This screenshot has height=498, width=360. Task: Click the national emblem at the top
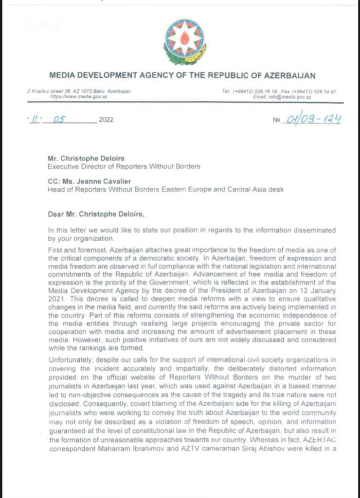(x=184, y=42)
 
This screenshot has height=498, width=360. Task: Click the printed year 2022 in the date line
(x=106, y=120)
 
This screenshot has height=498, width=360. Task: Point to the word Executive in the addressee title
(x=61, y=166)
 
